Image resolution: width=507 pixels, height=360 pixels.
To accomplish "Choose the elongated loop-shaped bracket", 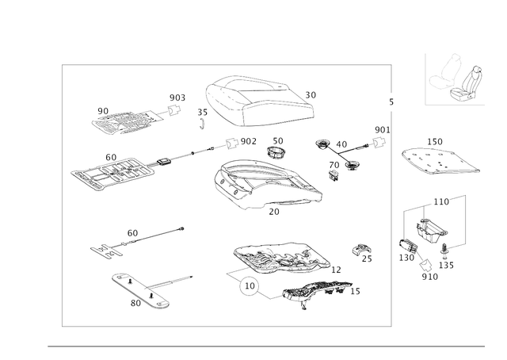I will (140, 289).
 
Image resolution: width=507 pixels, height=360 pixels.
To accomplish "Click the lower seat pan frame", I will (277, 258).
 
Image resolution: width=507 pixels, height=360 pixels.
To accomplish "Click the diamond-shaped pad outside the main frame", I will (440, 158).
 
